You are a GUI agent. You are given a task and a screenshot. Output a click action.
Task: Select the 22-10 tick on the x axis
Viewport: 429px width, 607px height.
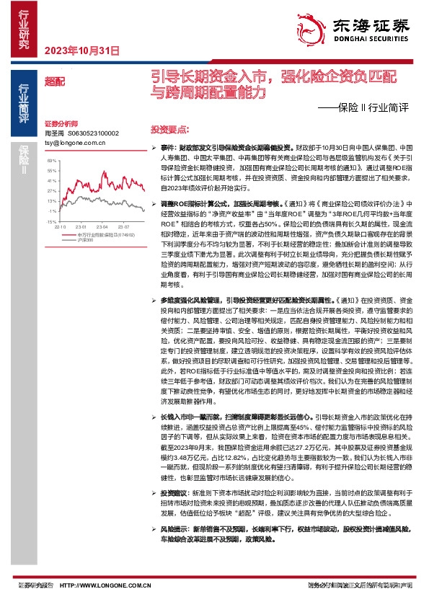(x=61, y=226)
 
